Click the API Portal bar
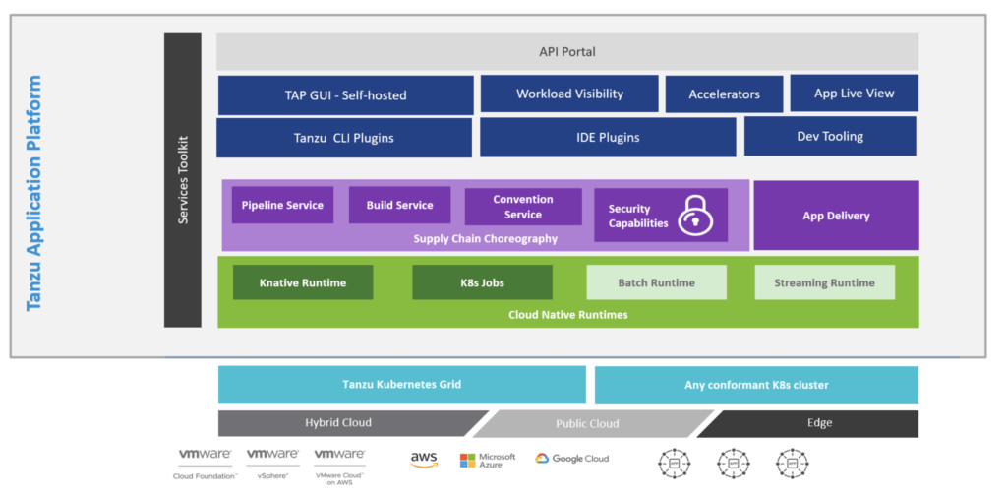[x=567, y=51]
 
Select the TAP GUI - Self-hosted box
[x=338, y=95]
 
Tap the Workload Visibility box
[x=569, y=94]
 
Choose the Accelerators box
[x=724, y=94]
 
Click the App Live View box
[x=854, y=94]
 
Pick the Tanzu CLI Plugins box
[x=343, y=138]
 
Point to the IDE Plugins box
[x=608, y=138]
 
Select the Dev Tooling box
[x=830, y=136]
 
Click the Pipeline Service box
[x=282, y=205]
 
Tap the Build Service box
[x=399, y=205]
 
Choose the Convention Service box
[x=523, y=207]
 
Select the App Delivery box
[x=836, y=216]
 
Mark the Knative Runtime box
[x=303, y=282]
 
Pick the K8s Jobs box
[x=482, y=282]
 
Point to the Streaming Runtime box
[x=824, y=282]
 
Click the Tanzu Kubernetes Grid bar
[x=401, y=384]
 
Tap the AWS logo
[x=424, y=460]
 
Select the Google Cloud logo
[x=572, y=459]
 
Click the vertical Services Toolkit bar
[x=183, y=180]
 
